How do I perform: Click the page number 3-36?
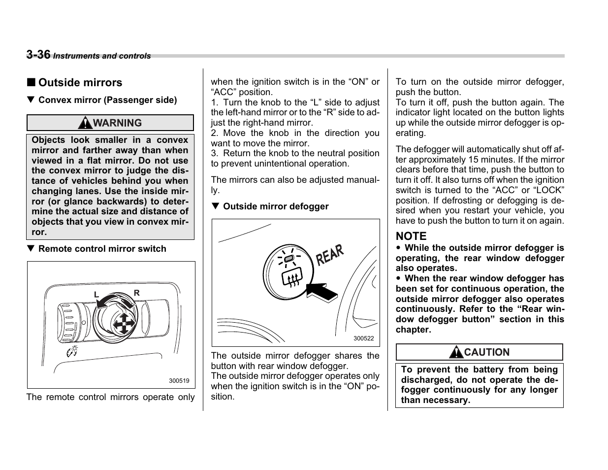pos(38,55)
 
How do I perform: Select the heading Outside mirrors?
pos(80,83)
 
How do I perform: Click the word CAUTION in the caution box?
pos(486,352)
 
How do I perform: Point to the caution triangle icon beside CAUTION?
pos(457,352)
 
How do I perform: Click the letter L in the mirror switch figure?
pos(97,295)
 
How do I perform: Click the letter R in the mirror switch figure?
pos(137,293)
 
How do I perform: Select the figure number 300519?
pos(179,381)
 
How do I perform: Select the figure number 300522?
pos(364,338)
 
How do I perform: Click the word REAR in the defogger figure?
pos(330,255)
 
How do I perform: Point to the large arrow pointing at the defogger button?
pos(322,292)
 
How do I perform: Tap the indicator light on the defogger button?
pos(289,258)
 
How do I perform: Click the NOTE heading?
pos(411,236)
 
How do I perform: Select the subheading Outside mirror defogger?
pos(275,206)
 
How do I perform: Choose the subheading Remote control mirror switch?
pos(102,249)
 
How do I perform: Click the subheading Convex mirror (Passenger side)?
pos(107,100)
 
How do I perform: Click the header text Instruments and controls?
pos(102,56)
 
